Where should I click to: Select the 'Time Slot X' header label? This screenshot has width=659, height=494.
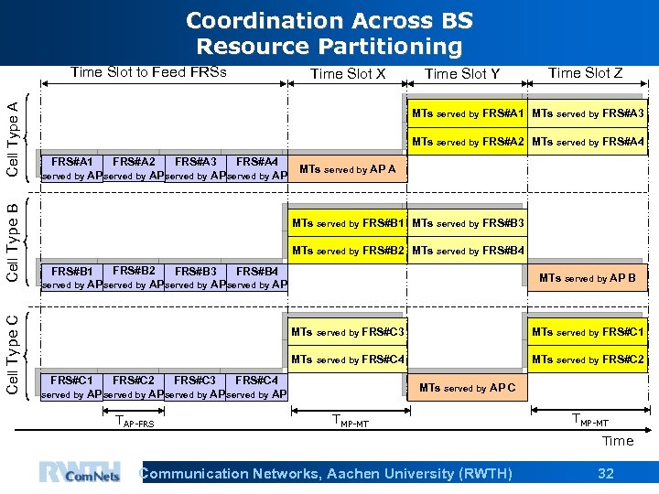[348, 74]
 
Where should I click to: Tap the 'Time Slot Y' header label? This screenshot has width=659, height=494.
[462, 74]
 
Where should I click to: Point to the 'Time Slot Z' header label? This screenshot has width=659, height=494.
[585, 73]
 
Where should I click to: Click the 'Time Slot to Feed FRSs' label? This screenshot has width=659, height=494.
[148, 72]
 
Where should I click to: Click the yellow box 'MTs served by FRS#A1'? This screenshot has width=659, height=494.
[467, 113]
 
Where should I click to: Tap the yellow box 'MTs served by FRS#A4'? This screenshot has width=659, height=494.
[588, 141]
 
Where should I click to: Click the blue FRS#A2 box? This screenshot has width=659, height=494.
[134, 168]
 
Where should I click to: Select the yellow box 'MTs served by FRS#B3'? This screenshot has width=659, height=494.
[468, 223]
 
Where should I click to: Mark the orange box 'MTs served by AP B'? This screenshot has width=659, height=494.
[587, 278]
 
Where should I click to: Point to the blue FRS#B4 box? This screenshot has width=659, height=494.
[257, 277]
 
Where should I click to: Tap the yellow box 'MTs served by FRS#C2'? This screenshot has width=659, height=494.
[588, 360]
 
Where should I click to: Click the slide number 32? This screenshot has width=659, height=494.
[605, 473]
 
